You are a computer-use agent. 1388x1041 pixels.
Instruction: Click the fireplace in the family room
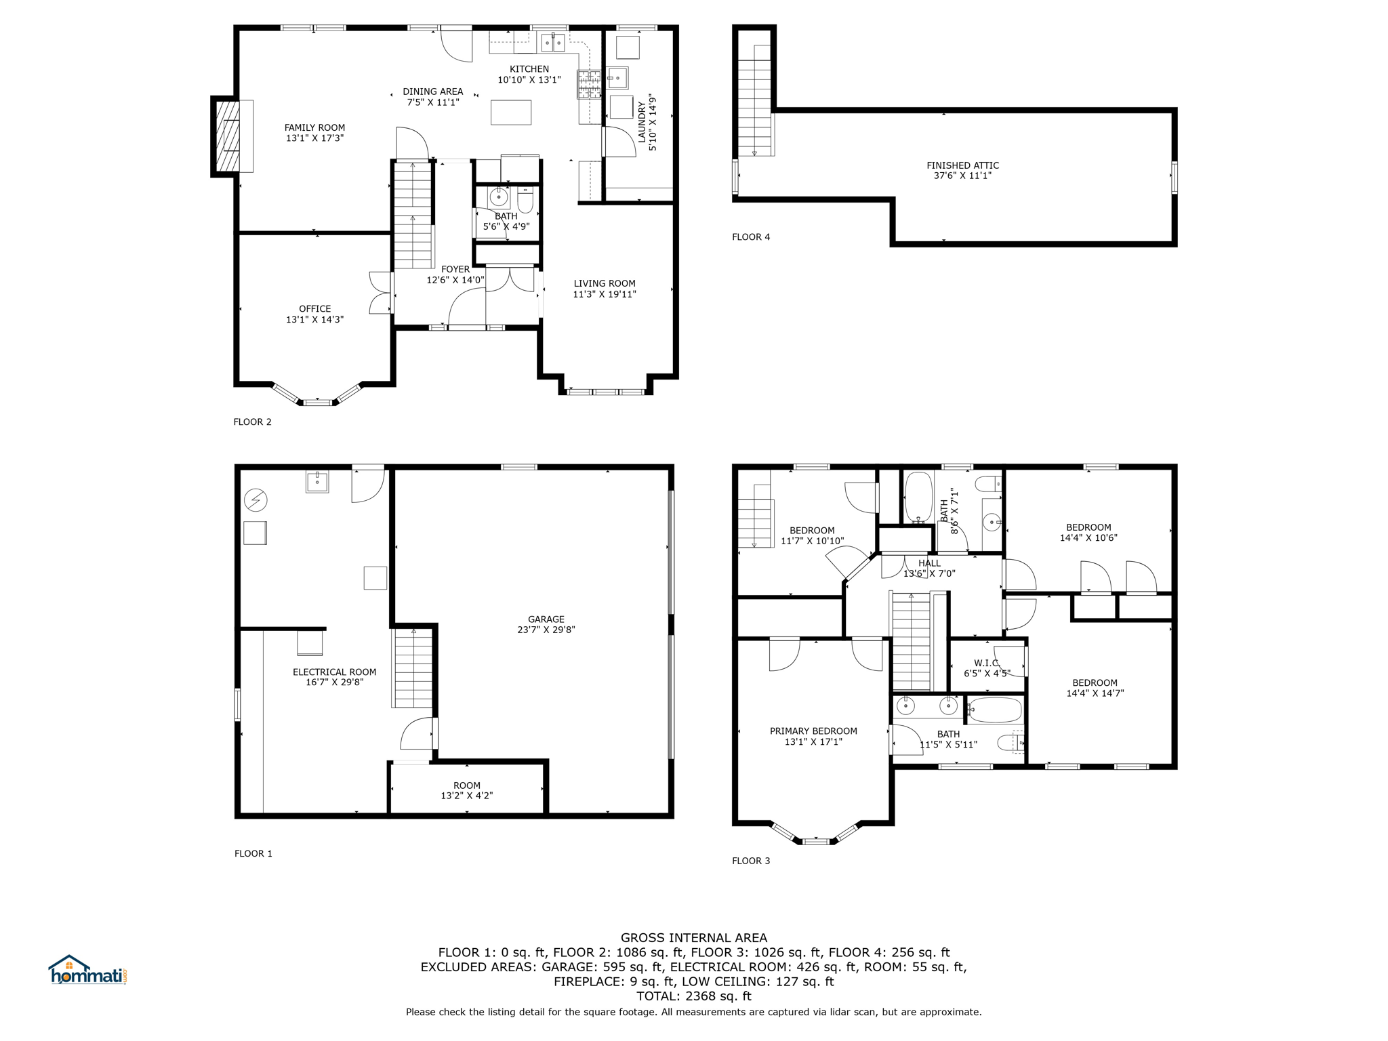tap(228, 136)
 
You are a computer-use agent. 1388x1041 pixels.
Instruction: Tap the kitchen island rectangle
tap(511, 113)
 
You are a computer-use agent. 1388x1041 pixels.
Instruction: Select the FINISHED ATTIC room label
tap(962, 165)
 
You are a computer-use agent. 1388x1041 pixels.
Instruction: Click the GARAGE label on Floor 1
tap(546, 619)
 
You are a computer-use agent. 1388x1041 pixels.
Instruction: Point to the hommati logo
tap(87, 970)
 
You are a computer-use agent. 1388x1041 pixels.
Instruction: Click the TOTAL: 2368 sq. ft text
tap(694, 996)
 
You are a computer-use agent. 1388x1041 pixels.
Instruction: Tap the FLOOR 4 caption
tap(751, 237)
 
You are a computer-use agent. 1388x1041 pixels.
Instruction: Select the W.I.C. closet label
tap(986, 663)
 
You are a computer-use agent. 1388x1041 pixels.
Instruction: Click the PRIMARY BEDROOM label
tap(813, 731)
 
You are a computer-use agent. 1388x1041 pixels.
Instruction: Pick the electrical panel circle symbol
tap(256, 501)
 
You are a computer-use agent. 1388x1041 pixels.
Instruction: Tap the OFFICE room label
tap(314, 309)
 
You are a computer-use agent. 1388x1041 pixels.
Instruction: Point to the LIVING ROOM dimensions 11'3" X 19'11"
tap(605, 294)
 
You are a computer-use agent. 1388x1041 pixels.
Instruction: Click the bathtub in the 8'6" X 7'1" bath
tap(918, 497)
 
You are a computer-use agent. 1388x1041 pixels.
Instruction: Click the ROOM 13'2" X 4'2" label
tap(467, 791)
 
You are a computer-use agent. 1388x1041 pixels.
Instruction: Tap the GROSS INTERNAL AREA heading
tap(694, 938)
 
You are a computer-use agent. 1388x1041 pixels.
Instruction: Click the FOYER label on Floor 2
tap(455, 270)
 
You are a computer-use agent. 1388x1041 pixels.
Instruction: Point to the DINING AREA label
tap(432, 91)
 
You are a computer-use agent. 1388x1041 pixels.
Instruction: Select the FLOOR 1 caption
tap(253, 854)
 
